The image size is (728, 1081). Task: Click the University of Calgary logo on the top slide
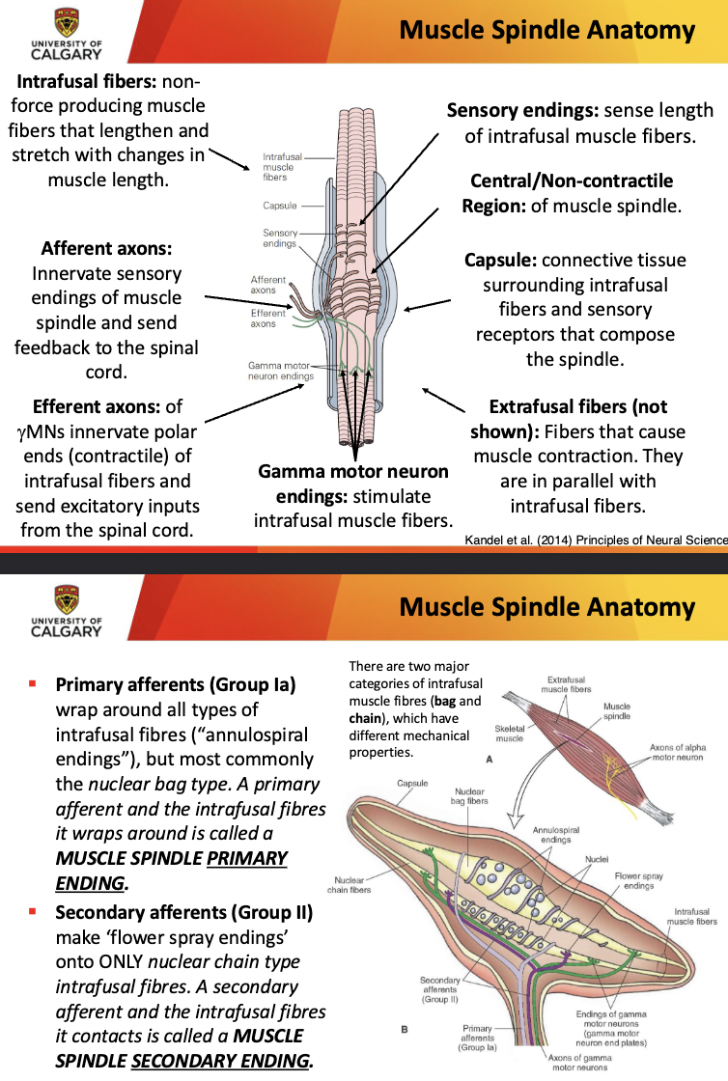click(x=66, y=33)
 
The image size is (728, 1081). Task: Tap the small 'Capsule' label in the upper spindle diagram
click(x=279, y=206)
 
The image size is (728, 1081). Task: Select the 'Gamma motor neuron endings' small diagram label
click(x=279, y=371)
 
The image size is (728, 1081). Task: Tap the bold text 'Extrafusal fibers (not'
click(x=577, y=406)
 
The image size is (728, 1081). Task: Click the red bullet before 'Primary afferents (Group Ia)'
click(x=32, y=684)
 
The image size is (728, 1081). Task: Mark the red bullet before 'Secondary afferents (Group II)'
click(x=32, y=910)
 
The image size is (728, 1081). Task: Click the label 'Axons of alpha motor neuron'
click(x=686, y=752)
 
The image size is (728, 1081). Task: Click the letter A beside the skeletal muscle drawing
click(x=490, y=760)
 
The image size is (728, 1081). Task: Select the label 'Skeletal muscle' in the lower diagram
click(x=509, y=734)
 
